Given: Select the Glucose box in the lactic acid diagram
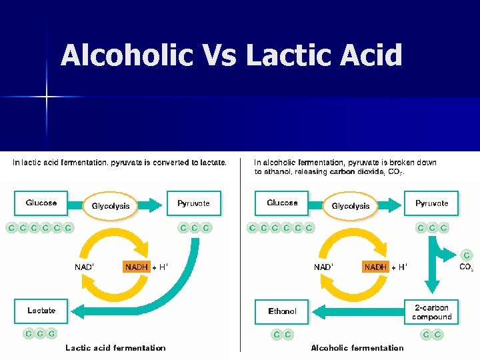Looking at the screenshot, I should click(x=41, y=203).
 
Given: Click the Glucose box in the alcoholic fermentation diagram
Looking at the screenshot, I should click(x=282, y=203).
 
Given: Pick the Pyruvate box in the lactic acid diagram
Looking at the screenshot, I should click(x=193, y=203).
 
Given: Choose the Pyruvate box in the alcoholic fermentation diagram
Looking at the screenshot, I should click(x=431, y=203).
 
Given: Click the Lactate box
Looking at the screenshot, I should click(x=41, y=311).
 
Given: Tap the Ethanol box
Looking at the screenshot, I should click(x=282, y=311).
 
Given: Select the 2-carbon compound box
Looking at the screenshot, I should click(x=431, y=312).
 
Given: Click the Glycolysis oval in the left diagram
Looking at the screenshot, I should click(x=111, y=206).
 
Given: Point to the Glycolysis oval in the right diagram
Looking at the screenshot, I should click(x=351, y=206).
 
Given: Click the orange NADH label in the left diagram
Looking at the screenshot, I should click(x=137, y=267).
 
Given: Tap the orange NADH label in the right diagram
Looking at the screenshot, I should click(x=375, y=267).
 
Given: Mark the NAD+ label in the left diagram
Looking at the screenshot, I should click(x=84, y=267).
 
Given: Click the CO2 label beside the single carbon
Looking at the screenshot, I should click(x=466, y=267).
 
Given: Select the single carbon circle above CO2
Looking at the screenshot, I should click(x=467, y=255).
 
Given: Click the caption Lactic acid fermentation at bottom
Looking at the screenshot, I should click(x=115, y=348).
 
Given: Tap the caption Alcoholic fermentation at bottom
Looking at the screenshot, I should click(x=357, y=348).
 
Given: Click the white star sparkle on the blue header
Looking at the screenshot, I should click(x=46, y=97).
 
